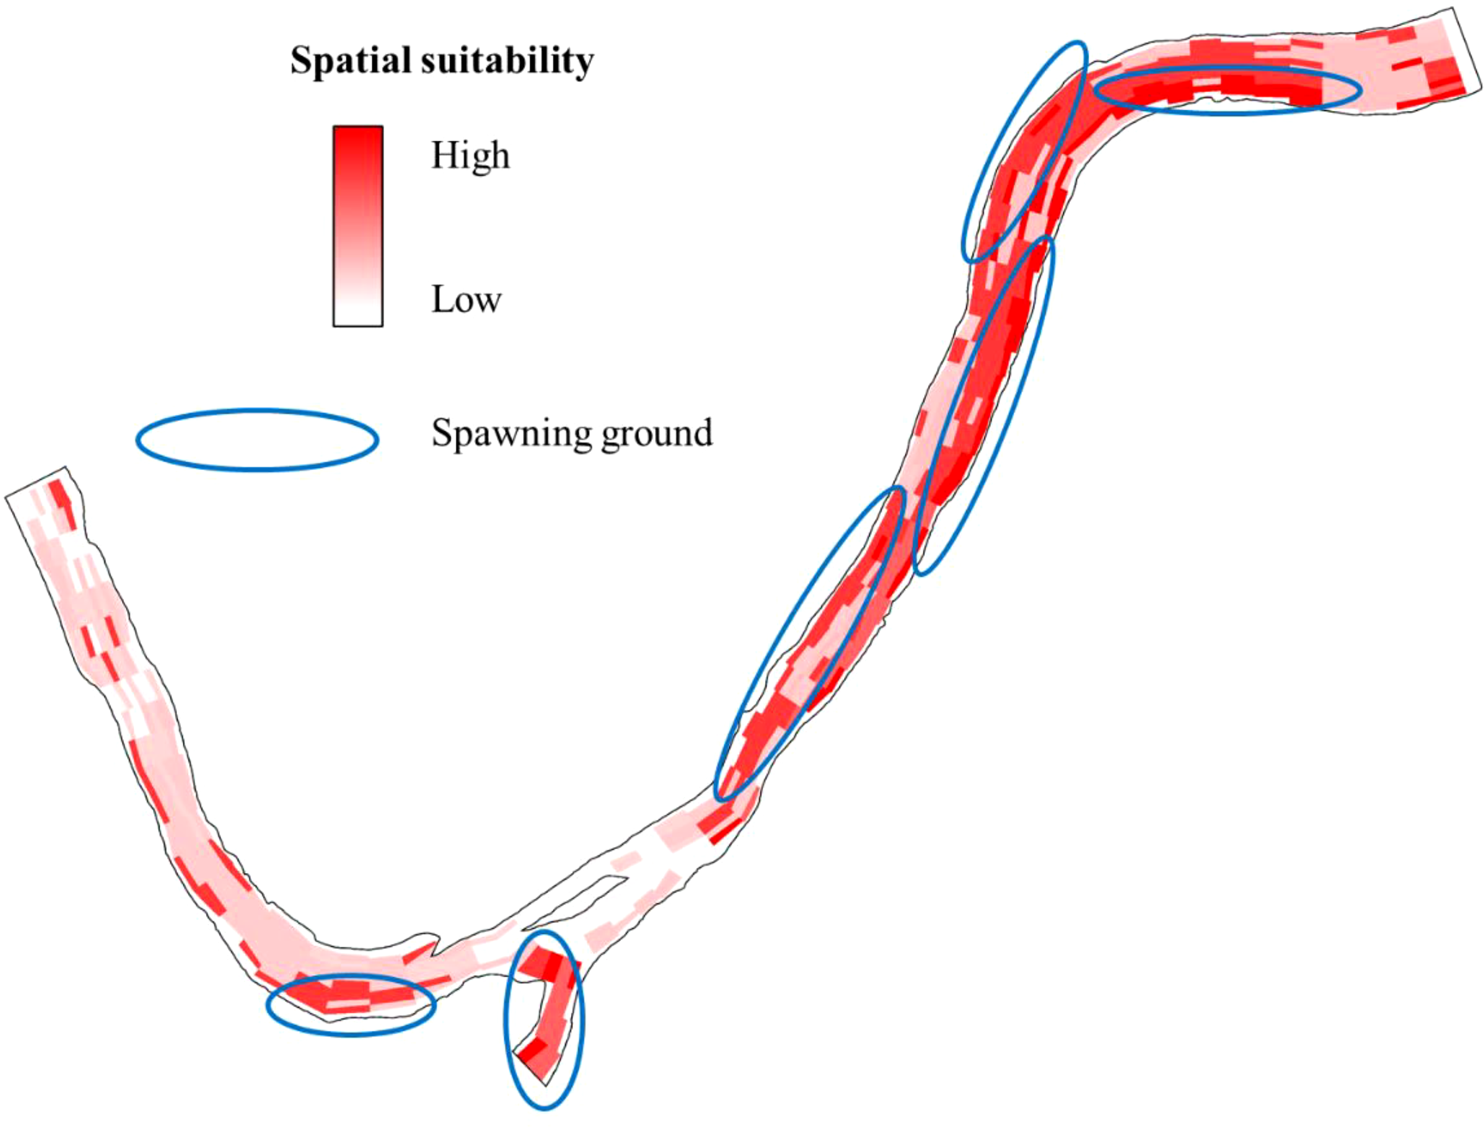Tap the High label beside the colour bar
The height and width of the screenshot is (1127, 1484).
pos(470,155)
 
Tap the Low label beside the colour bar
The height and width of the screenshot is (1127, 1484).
pos(465,299)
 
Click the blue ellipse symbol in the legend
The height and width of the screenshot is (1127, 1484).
pos(258,439)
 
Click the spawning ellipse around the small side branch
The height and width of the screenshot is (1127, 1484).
pos(544,1020)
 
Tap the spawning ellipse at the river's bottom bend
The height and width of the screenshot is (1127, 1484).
pos(351,1005)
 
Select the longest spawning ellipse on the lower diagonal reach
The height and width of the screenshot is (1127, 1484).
pos(810,644)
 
